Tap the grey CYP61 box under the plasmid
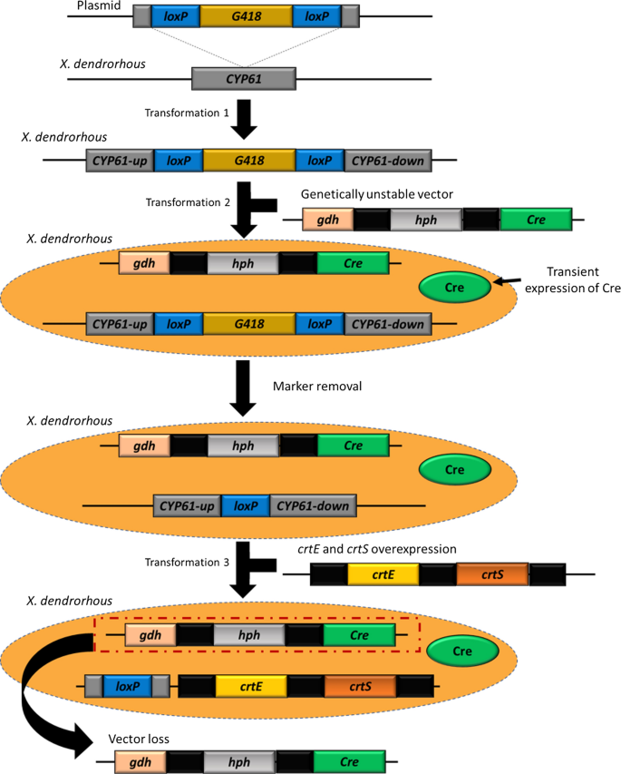click(x=242, y=80)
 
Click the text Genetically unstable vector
click(x=379, y=194)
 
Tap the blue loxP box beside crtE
click(x=126, y=687)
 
